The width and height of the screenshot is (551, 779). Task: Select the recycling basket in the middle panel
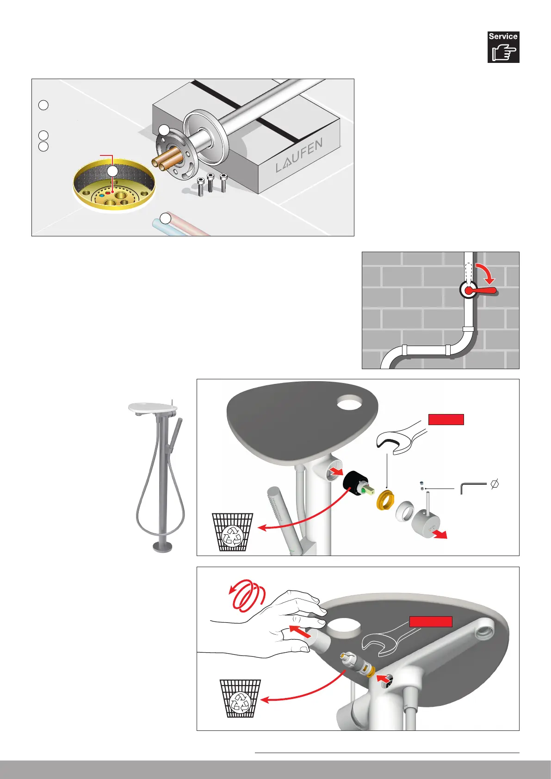232,532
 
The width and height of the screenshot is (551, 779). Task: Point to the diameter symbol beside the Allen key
495,485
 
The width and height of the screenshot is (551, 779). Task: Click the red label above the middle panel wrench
446,420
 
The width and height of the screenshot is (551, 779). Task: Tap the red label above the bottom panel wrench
431,621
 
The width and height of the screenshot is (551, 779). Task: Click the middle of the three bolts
211,183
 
